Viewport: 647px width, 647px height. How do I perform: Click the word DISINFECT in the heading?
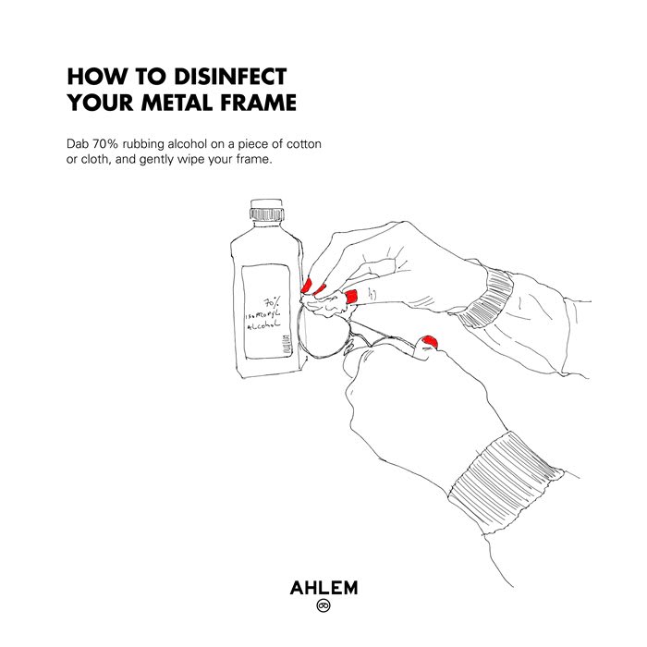230,77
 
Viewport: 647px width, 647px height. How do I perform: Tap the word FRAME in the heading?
258,103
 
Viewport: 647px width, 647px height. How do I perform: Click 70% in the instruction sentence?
105,144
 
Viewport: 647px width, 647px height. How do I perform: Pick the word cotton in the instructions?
304,144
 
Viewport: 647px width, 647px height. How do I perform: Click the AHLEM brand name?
323,588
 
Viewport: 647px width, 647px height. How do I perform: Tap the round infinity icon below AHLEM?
323,605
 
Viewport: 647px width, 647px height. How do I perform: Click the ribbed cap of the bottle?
267,214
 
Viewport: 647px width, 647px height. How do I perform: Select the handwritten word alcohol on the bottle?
263,325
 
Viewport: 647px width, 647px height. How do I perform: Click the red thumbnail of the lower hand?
429,341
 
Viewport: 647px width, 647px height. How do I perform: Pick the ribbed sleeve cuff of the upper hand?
487,298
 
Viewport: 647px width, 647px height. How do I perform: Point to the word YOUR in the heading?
101,103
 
